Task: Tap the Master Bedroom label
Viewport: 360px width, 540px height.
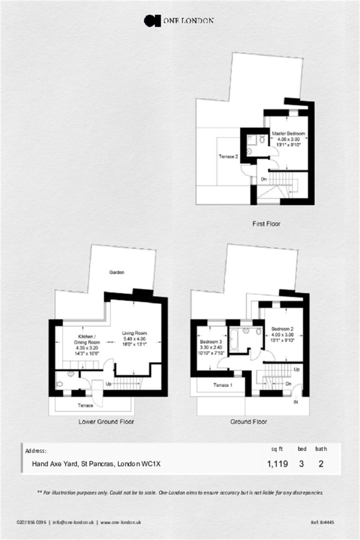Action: tap(288, 133)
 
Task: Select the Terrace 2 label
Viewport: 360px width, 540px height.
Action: tap(228, 157)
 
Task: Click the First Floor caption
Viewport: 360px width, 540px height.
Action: tap(266, 224)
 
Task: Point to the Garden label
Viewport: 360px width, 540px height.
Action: tap(116, 273)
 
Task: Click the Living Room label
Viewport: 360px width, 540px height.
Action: tap(134, 333)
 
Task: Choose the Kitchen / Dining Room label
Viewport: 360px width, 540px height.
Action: tap(87, 339)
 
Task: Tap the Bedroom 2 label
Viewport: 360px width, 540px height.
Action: tap(282, 329)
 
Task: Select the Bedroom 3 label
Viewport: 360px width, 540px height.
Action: tap(211, 342)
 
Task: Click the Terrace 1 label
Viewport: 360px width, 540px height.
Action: tap(222, 385)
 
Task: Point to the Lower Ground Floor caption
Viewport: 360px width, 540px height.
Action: tap(106, 421)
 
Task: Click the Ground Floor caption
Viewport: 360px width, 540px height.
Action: tap(248, 421)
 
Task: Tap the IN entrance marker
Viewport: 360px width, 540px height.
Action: tap(296, 402)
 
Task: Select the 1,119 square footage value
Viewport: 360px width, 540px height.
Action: tap(277, 464)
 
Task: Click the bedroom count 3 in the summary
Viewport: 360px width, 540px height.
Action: tap(301, 464)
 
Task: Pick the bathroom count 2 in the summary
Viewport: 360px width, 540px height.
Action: tap(321, 464)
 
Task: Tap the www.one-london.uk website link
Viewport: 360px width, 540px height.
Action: tap(121, 522)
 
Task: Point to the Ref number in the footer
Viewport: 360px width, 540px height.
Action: tap(323, 522)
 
